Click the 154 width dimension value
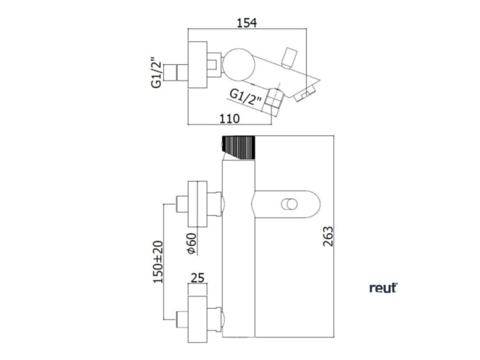pos(248,23)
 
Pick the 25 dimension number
pos(197,279)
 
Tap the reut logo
pos(383,289)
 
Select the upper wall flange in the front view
pos(198,204)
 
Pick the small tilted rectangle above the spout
pos(289,56)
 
